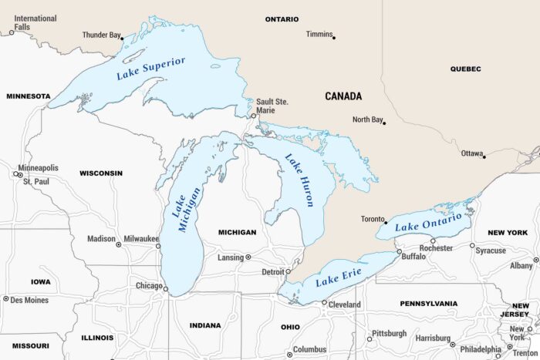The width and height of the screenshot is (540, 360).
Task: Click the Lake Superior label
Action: click(150, 69)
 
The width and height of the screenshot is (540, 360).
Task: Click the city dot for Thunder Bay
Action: click(122, 38)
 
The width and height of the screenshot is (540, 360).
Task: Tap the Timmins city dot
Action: click(333, 37)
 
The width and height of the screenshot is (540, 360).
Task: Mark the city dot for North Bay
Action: click(384, 123)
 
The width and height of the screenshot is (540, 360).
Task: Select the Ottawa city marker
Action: click(484, 156)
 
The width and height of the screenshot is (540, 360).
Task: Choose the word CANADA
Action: click(343, 96)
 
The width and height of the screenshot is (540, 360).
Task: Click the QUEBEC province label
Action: click(465, 69)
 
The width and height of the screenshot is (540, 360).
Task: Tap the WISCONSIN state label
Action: click(101, 173)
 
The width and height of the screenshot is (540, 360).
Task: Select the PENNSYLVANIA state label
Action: click(429, 304)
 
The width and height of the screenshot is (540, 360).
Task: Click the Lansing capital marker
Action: click(248, 257)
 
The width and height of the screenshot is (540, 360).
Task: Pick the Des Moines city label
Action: click(29, 299)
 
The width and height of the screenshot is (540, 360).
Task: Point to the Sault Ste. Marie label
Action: click(272, 105)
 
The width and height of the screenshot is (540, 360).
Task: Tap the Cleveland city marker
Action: click(324, 303)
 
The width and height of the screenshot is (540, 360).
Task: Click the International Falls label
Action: click(35, 22)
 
